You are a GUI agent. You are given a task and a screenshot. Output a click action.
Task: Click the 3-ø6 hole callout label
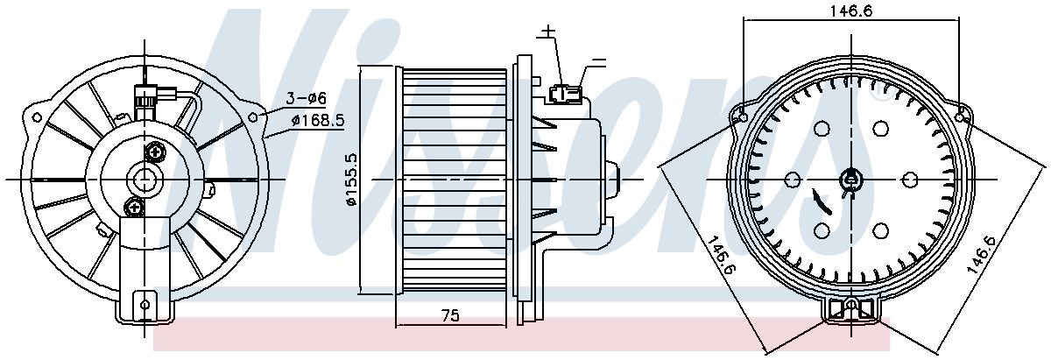[x=307, y=99]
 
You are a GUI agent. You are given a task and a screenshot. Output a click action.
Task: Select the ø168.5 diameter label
[x=318, y=121]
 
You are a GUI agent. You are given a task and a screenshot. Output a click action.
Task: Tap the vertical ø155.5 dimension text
[x=351, y=180]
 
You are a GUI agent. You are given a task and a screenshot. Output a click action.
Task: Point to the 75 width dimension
[x=450, y=315]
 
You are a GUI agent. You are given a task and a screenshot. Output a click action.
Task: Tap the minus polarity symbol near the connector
[x=599, y=61]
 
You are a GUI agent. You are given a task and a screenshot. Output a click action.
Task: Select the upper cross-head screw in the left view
[x=156, y=152]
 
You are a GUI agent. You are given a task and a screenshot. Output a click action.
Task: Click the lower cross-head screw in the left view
[x=134, y=208]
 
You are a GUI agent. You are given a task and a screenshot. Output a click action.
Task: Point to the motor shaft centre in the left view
[x=145, y=180]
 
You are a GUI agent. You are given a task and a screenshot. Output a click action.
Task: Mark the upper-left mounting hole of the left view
[x=37, y=117]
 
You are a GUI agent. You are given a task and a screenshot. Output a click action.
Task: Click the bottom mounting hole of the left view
[x=145, y=305]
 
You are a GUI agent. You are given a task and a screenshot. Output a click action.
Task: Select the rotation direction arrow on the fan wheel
[x=822, y=202]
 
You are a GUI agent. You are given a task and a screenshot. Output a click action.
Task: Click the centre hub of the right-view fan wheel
[x=851, y=180]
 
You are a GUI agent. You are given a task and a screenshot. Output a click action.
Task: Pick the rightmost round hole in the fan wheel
[x=910, y=180]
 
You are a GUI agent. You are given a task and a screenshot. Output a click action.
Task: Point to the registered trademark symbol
[x=878, y=94]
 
